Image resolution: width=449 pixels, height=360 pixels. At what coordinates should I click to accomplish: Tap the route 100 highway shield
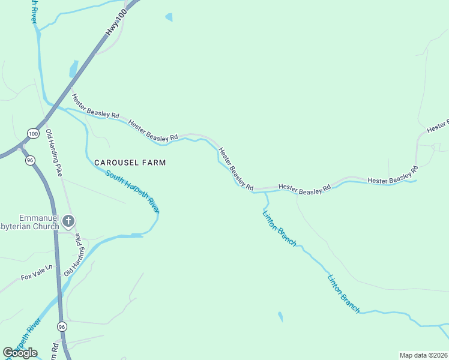coord(33,133)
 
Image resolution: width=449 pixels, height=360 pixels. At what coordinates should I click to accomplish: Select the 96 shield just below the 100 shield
coord(30,160)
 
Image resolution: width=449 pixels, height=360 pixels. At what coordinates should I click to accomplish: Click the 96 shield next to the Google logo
coord(62,326)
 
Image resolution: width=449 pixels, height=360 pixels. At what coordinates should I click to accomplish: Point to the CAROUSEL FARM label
coord(130,163)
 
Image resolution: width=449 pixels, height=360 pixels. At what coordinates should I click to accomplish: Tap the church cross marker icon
coord(68,221)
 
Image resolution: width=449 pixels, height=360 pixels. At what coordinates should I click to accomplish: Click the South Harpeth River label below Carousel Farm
coord(133,191)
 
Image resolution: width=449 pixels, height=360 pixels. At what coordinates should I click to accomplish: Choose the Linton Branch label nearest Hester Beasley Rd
coord(279,226)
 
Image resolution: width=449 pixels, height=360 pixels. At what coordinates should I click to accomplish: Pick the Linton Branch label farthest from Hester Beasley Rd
coord(344,293)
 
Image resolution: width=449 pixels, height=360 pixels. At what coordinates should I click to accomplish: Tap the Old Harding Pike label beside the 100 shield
coord(54,152)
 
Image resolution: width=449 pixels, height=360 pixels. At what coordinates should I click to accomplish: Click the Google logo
coord(20,353)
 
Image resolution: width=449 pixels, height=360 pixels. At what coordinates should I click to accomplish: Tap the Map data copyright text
coord(423,355)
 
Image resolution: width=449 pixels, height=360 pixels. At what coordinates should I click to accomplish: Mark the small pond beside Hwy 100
coord(73,69)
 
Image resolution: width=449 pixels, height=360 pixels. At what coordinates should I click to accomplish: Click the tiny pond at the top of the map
coord(169,17)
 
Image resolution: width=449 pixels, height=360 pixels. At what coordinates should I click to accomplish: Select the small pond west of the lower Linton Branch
coord(280,316)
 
